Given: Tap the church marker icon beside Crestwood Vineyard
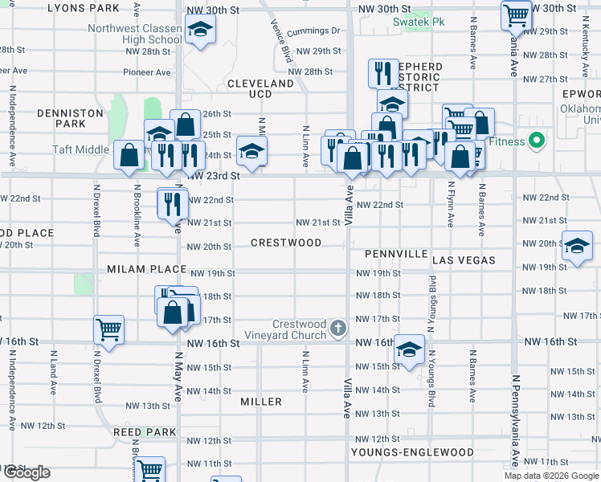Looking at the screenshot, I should (338, 329).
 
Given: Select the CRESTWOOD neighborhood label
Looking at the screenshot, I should (286, 243).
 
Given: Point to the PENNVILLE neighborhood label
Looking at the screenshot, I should (396, 254).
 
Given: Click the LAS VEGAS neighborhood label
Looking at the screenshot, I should (464, 261).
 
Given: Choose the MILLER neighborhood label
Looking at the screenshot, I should (261, 402).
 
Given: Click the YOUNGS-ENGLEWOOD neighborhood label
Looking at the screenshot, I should (412, 452).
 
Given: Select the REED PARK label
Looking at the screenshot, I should (145, 432).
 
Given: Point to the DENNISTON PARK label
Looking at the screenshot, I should (82, 119).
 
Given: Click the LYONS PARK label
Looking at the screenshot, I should (84, 8).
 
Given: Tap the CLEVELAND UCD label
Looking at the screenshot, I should (260, 88).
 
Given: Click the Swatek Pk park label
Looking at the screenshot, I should (419, 22).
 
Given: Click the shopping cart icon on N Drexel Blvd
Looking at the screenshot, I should (109, 329).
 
